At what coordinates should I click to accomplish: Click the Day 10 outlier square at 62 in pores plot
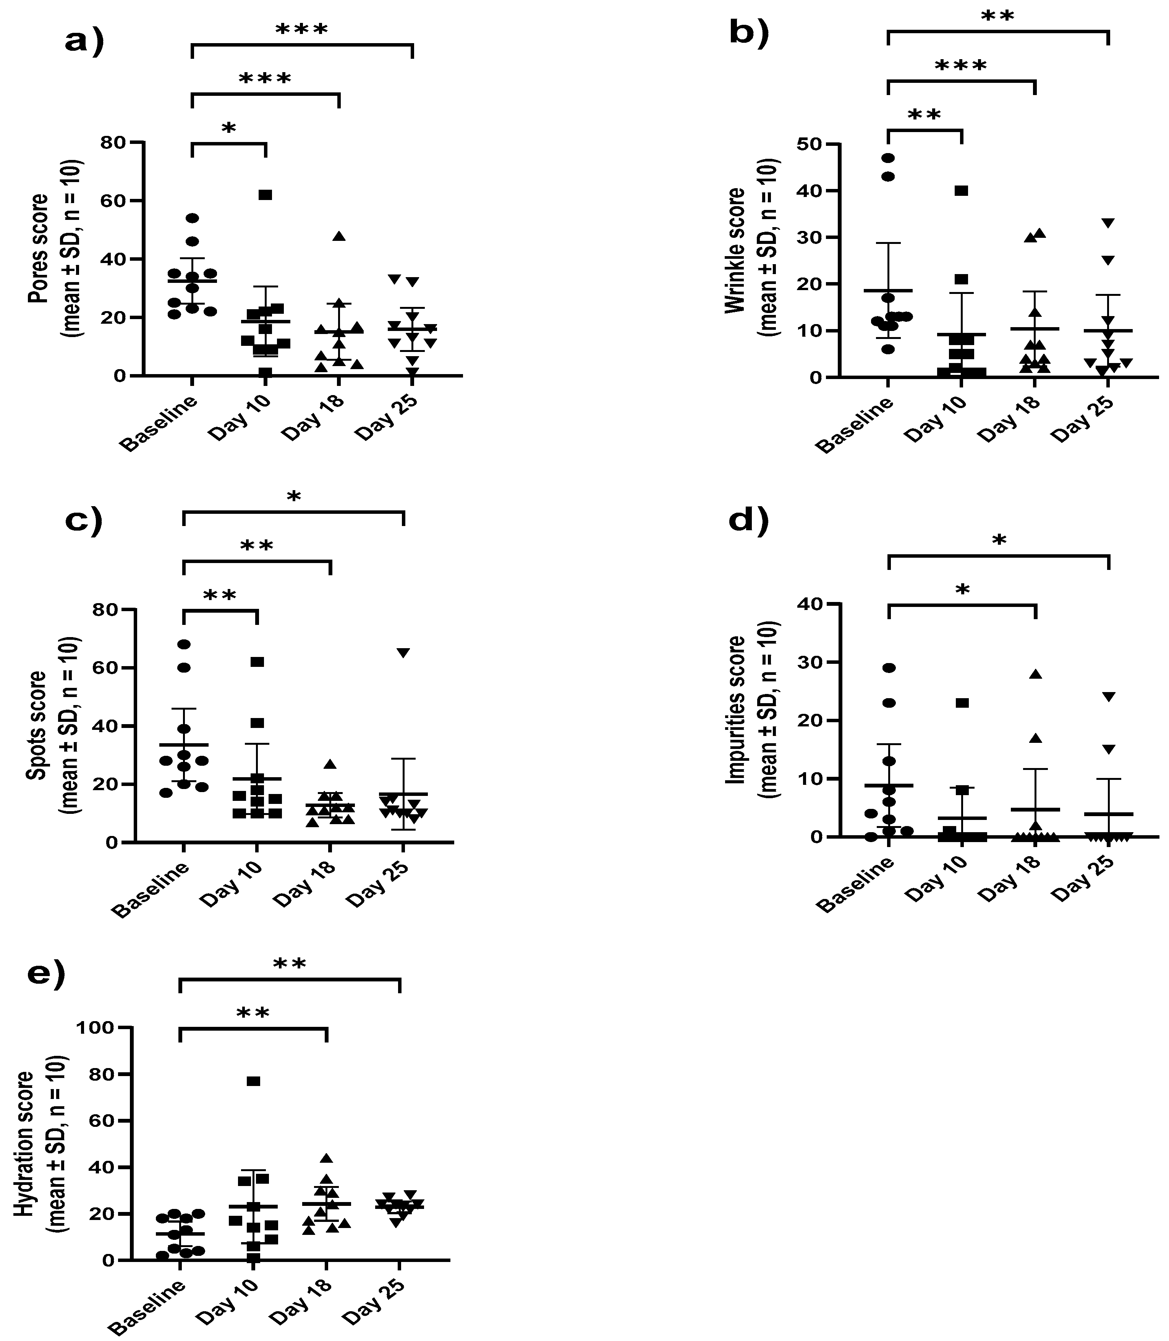tap(265, 195)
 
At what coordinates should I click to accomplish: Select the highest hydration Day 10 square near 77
tap(254, 1081)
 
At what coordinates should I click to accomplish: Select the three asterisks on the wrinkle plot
tap(961, 66)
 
